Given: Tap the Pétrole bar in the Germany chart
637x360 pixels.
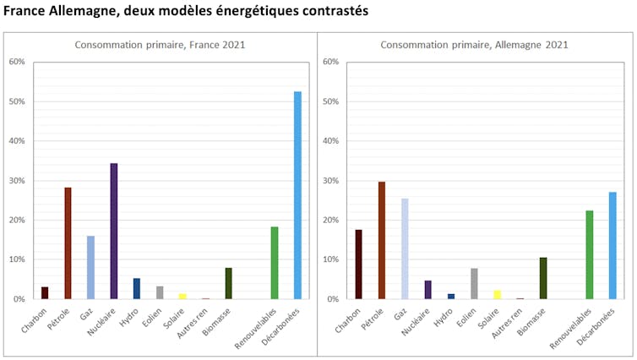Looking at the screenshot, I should tap(382, 240).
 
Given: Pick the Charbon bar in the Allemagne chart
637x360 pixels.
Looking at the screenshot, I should tap(359, 265).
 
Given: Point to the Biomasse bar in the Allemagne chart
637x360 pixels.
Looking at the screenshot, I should tap(543, 278).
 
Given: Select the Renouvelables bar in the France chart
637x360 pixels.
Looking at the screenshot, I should tap(275, 263).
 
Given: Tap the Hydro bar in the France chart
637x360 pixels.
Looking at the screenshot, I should tap(137, 288).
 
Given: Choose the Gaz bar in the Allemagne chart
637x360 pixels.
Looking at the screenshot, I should tap(405, 248).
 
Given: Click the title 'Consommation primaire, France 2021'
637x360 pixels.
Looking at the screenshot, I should tap(160, 45).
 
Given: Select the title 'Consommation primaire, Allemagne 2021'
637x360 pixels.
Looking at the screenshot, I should tap(474, 45).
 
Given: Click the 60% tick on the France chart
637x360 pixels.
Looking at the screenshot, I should tap(17, 63).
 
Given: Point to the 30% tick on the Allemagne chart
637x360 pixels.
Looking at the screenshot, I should tap(330, 181).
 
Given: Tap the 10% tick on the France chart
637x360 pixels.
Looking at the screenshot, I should tap(17, 259).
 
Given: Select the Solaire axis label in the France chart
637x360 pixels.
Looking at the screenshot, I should tap(175, 314).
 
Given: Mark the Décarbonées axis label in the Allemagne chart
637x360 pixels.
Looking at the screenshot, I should tap(602, 323).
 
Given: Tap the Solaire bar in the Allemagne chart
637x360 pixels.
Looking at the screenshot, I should tap(498, 294).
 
